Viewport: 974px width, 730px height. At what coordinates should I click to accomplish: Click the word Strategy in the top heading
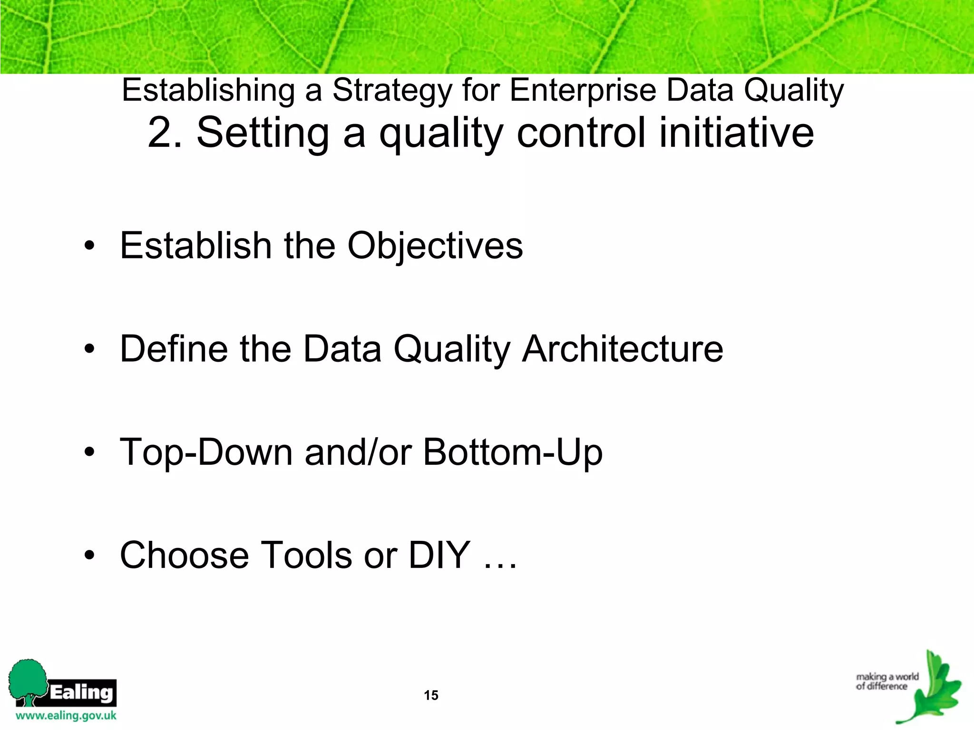pos(392,90)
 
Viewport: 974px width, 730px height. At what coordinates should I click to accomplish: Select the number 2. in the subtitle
pos(165,133)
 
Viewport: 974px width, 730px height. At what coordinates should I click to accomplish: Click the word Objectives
pos(435,246)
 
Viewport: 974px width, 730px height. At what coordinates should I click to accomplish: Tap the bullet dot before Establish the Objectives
pos(89,247)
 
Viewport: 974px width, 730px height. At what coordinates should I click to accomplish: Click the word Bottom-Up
pos(513,452)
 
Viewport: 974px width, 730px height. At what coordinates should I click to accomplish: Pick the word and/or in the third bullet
pos(358,452)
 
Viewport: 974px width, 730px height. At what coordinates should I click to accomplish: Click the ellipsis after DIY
pos(500,566)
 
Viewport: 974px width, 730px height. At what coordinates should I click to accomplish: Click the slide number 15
pos(431,695)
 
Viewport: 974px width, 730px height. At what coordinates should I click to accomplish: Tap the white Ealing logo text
pos(81,692)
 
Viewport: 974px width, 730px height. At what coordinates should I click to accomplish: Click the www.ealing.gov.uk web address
pos(66,716)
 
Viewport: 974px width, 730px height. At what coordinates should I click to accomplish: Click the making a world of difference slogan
pos(886,681)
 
